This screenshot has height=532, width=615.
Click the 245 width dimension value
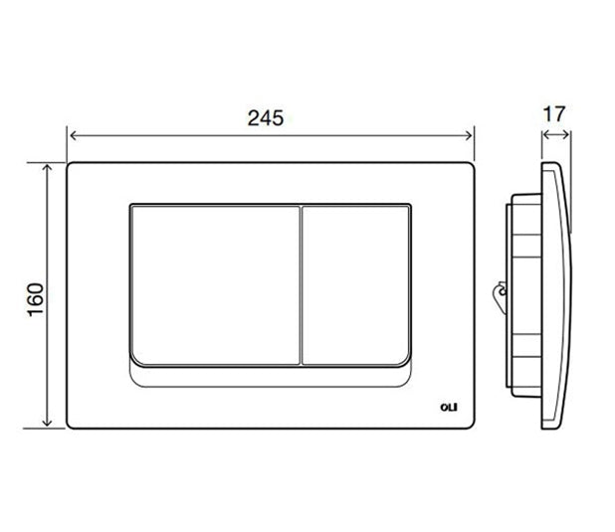[x=266, y=118]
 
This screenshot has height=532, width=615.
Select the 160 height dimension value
[x=36, y=300]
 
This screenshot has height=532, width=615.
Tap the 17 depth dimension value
[x=554, y=114]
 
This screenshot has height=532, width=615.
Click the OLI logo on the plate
[x=449, y=408]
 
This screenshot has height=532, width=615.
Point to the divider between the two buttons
[x=301, y=285]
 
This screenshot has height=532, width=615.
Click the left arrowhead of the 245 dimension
[x=73, y=135]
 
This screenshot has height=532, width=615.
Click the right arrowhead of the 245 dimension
[x=469, y=135]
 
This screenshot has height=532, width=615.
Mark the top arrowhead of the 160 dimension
[x=47, y=168]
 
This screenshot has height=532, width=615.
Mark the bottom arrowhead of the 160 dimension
[x=47, y=423]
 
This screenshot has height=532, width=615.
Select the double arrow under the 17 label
[x=556, y=135]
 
